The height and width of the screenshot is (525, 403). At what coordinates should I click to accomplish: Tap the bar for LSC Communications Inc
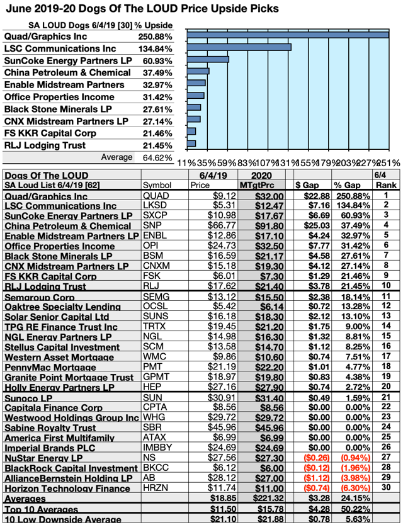[239, 47]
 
